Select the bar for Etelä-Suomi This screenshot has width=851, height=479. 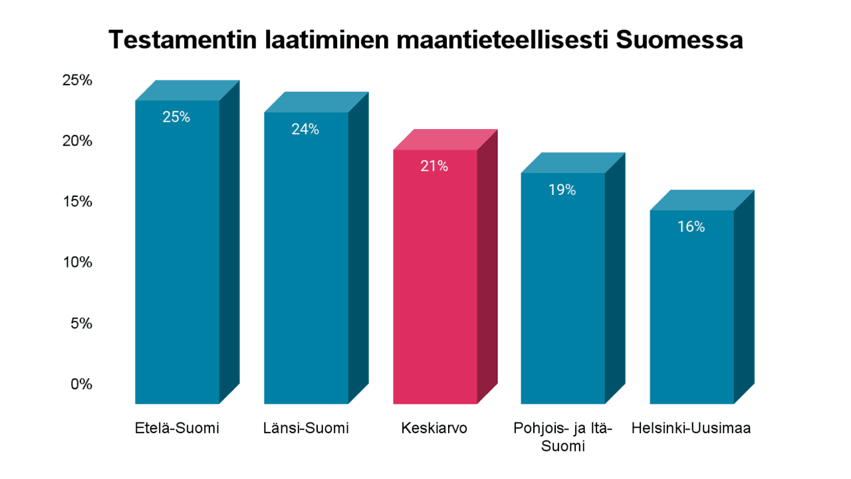click(177, 266)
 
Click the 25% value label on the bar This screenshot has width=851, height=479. click(176, 117)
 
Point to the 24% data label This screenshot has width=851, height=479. click(305, 129)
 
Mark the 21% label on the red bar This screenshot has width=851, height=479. click(434, 166)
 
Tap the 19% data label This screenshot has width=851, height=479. click(562, 190)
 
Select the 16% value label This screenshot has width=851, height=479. click(691, 227)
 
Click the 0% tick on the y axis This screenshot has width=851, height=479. click(81, 384)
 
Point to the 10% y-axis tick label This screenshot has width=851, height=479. click(77, 262)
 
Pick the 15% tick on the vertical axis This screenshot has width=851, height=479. click(77, 202)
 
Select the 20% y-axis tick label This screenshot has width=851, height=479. click(77, 141)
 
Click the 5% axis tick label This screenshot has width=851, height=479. click(81, 323)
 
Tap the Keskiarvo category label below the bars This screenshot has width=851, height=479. click(434, 428)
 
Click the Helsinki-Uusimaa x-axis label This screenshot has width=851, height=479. click(691, 428)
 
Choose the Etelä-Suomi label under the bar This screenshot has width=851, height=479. click(176, 428)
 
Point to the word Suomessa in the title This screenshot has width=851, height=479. click(679, 40)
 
